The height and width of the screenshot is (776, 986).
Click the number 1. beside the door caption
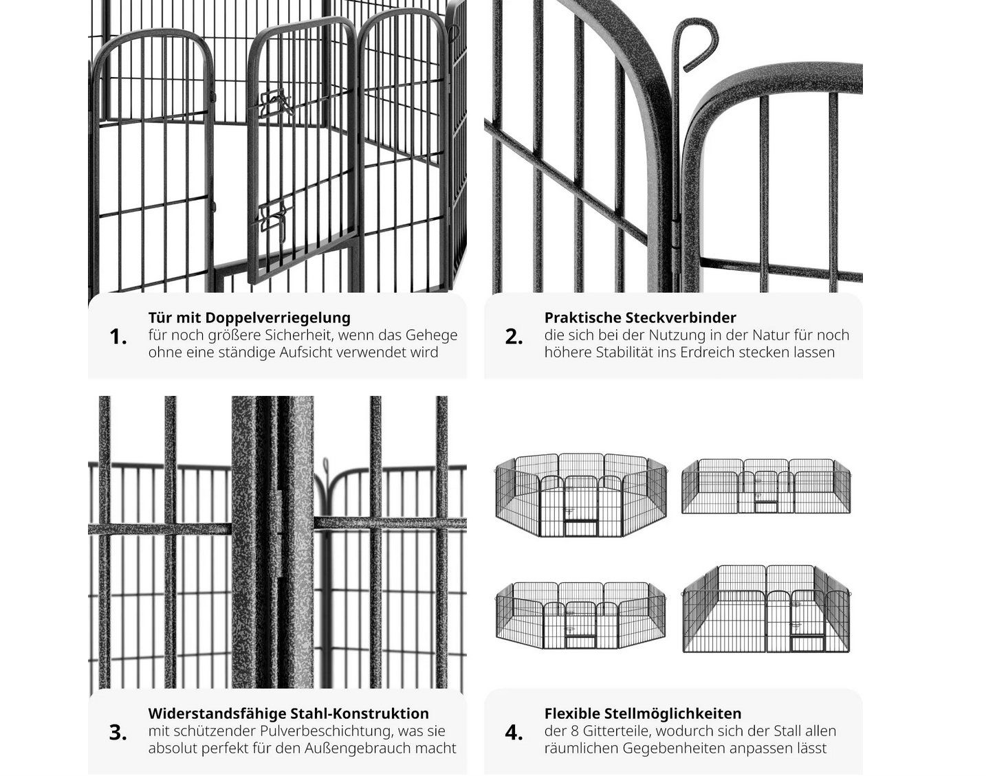118,337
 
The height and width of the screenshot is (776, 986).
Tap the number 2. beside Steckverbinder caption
514,337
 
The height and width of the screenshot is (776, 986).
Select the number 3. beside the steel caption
118,733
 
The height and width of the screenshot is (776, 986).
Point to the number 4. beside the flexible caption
514,733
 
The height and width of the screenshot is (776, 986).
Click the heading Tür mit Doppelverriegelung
249,318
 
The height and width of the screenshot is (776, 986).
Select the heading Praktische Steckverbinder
641,318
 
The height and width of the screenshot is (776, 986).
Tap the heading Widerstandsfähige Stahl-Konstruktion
289,713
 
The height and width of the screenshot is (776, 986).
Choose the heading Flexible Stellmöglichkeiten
643,713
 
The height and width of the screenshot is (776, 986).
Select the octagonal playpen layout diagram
581,495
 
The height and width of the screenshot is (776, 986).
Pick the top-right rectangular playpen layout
766,485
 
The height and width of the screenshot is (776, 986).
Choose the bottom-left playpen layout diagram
581,614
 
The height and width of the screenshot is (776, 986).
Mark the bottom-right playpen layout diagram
766,609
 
